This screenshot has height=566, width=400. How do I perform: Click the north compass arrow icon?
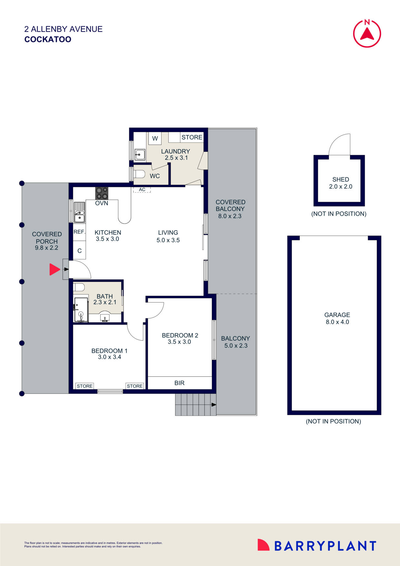tap(367, 33)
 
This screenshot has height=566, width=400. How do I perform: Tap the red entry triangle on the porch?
tap(54, 269)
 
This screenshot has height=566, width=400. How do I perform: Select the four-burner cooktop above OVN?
tap(102, 193)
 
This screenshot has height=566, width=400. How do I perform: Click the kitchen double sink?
tap(79, 213)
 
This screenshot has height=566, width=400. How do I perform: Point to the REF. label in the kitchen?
tap(79, 232)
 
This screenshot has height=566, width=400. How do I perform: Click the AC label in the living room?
tap(142, 190)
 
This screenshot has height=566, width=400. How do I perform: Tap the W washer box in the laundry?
tap(155, 138)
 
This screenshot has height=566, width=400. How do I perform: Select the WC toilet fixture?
tap(139, 175)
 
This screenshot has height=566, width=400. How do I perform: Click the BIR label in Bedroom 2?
tap(179, 383)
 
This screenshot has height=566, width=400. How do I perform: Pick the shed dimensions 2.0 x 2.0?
tap(340, 187)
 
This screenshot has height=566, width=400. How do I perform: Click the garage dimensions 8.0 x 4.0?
tap(337, 322)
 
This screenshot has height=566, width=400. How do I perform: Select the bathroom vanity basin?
tap(105, 318)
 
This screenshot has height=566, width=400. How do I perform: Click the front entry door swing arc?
tap(81, 269)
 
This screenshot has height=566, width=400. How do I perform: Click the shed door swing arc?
tap(339, 144)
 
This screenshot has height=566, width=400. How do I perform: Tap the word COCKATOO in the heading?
tap(48, 39)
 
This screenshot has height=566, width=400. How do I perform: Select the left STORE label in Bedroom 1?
tap(85, 386)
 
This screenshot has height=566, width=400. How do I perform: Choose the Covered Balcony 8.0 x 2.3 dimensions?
tap(230, 216)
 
